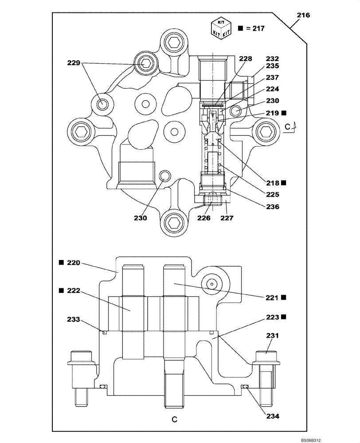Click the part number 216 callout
303,16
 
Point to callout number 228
245,58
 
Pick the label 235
272,66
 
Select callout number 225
272,194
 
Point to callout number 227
227,218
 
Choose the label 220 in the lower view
73,263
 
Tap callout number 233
74,319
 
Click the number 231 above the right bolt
272,336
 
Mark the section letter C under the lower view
175,419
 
